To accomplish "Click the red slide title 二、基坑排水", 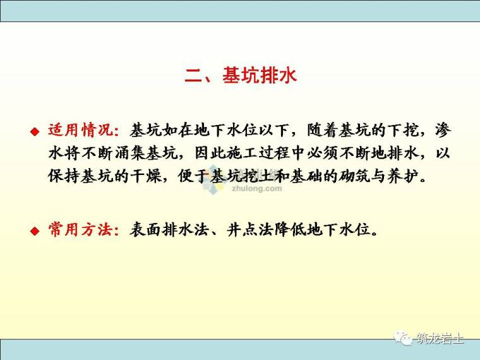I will point(240,76).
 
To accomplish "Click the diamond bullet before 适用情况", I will point(35,131).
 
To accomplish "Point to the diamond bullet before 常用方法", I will point(35,231).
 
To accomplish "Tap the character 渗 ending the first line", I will point(443,131).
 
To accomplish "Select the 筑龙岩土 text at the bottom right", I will point(440,339).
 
